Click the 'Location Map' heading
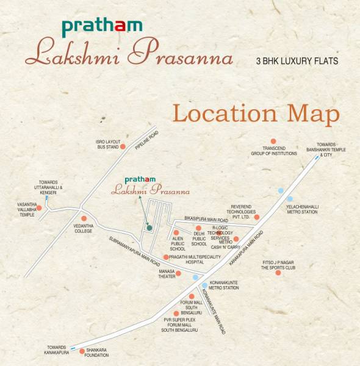(256, 113)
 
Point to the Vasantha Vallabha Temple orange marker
(39, 208)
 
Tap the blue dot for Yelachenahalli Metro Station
(290, 199)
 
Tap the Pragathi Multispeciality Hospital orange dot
(165, 257)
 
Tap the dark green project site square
(148, 228)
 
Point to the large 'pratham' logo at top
(102, 26)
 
